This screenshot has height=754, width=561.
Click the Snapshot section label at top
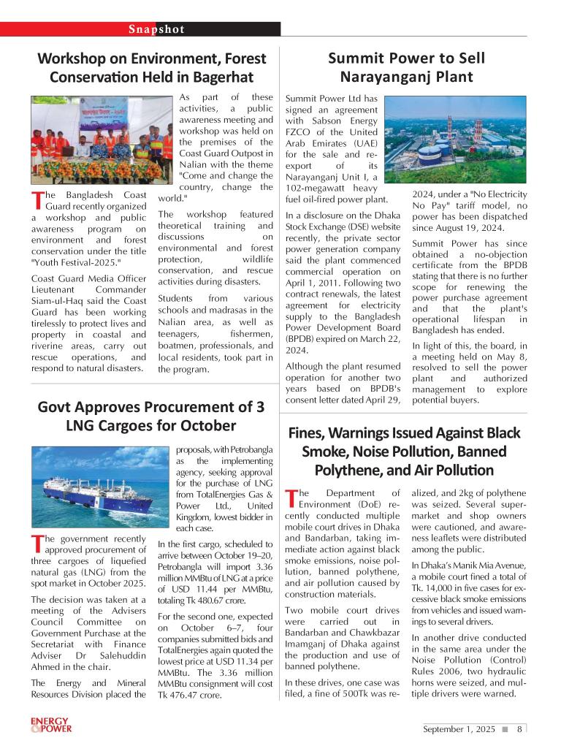point(156,29)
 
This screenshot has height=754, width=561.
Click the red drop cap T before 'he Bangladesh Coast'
point(37,199)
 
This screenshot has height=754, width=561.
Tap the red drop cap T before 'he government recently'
point(37,544)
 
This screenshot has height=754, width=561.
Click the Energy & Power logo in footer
point(50,725)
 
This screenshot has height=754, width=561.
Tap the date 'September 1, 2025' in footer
point(459,728)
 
